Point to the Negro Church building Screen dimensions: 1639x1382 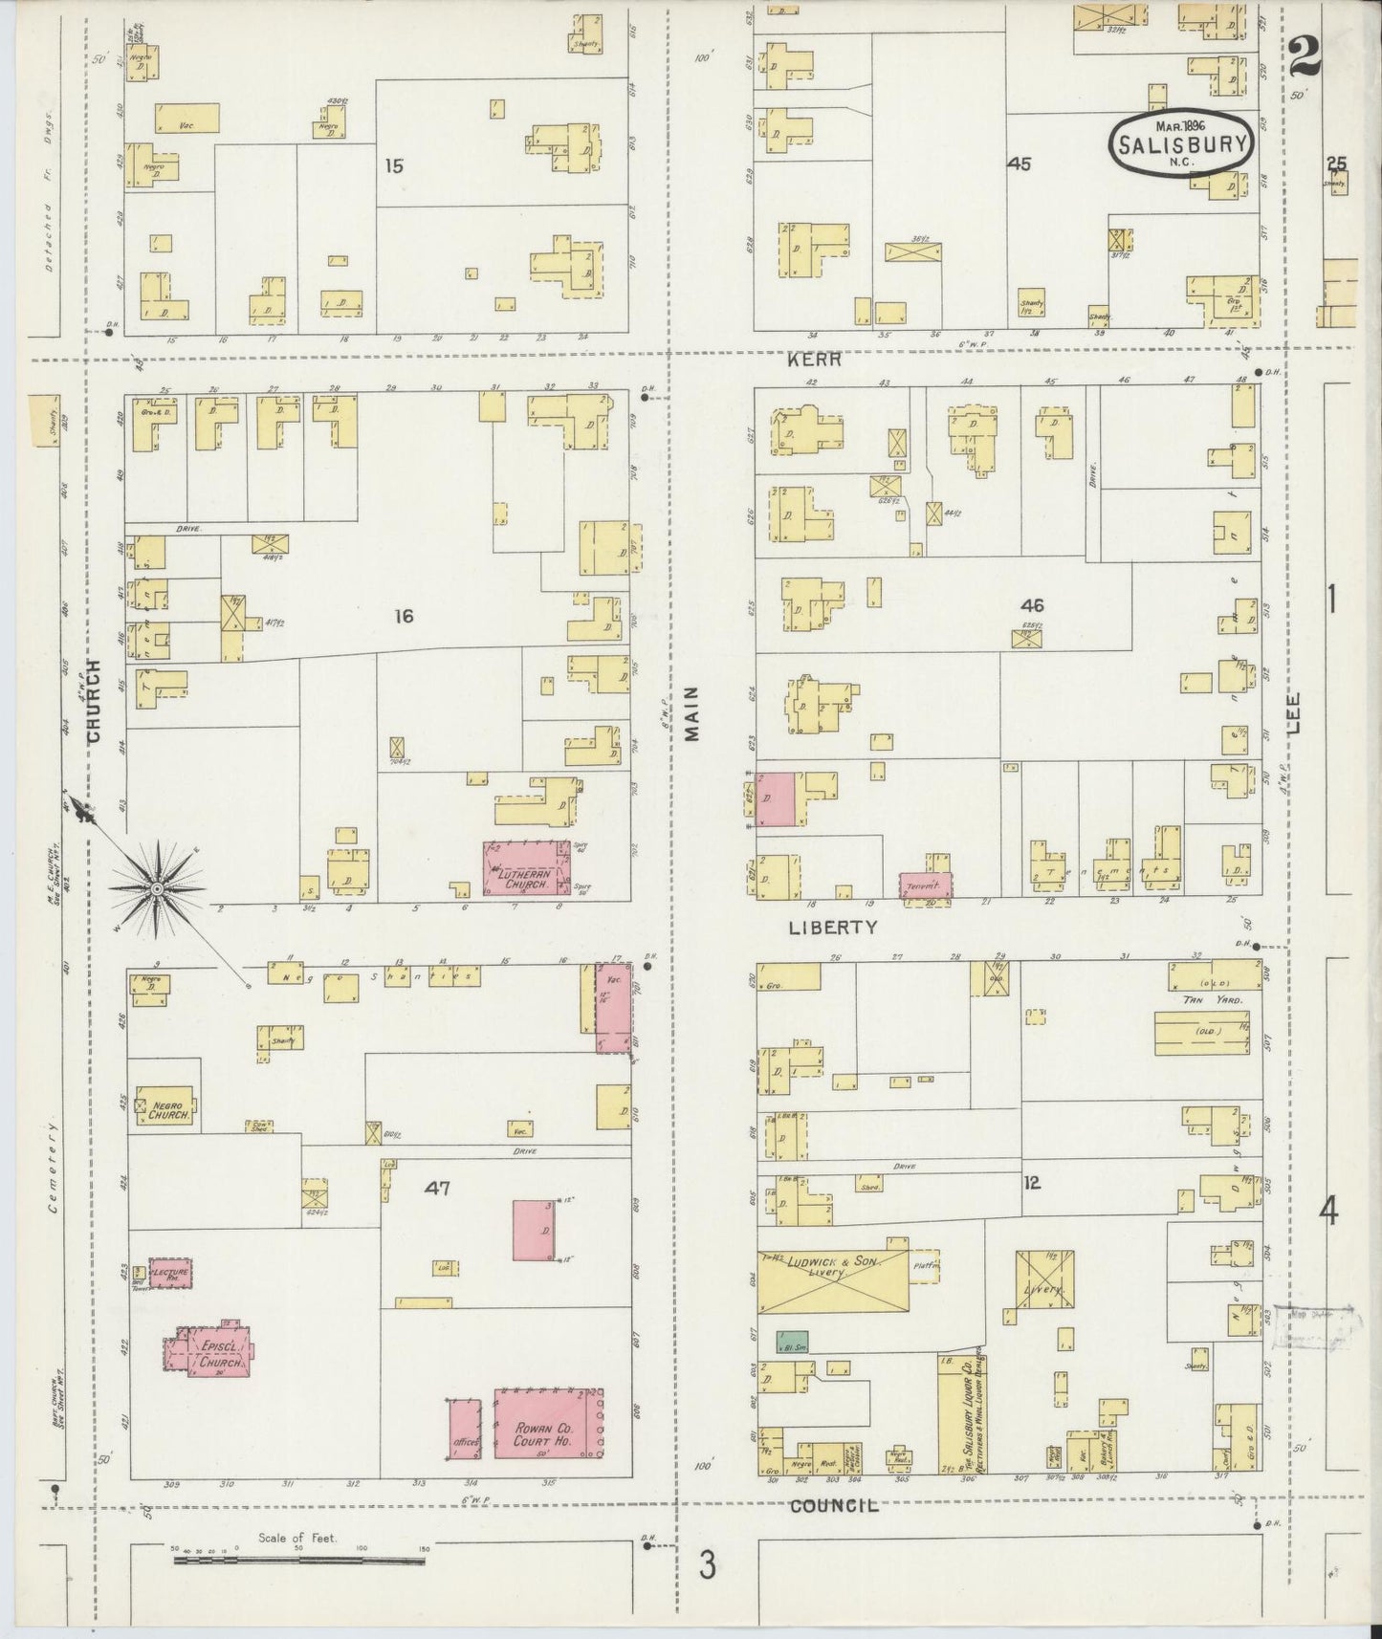(167, 1106)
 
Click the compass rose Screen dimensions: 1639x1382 (156, 889)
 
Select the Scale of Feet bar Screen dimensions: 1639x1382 (298, 1561)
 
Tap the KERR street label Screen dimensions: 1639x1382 (815, 360)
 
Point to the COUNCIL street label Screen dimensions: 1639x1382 (834, 1505)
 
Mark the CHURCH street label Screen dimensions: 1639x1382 (94, 700)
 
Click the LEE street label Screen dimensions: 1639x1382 (1294, 712)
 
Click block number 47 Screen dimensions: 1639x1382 (438, 1189)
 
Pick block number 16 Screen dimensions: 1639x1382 (404, 617)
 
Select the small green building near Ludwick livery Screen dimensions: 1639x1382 (792, 1342)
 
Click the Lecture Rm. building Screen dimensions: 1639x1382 (171, 1273)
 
